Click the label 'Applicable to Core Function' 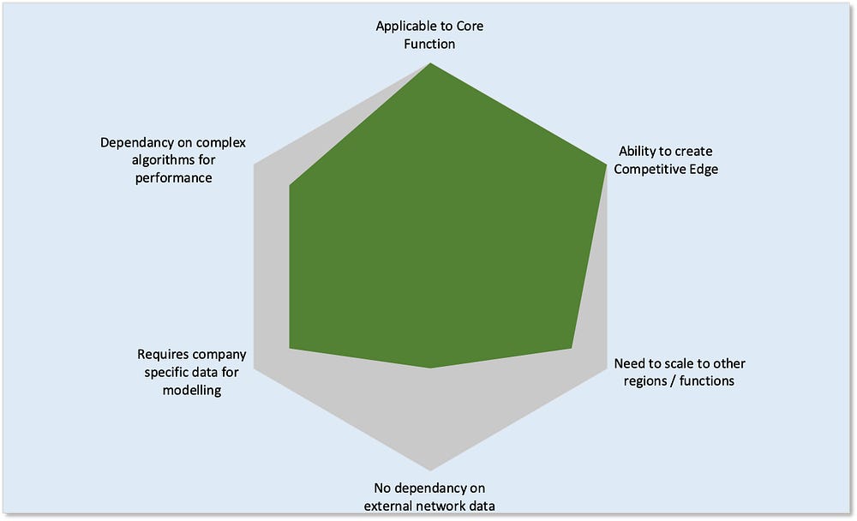(x=429, y=34)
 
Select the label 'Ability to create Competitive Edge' (x=666, y=160)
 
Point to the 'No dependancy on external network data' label (x=429, y=497)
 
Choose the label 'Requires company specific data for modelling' (x=192, y=372)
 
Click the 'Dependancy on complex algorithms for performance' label (x=173, y=160)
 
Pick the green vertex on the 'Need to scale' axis (x=572, y=348)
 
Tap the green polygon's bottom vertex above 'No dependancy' (x=430, y=368)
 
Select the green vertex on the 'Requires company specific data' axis (x=290, y=348)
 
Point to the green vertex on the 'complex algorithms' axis (x=290, y=184)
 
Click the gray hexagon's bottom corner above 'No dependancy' (x=430, y=470)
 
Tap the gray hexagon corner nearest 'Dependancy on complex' (x=254, y=164)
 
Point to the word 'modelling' (x=192, y=390)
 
